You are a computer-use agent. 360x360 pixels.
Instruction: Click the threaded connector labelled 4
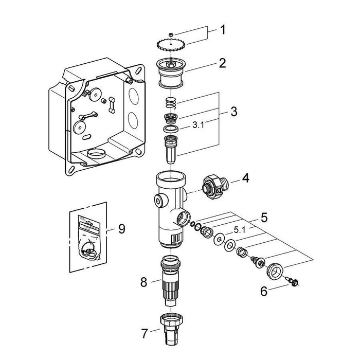point(213,184)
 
